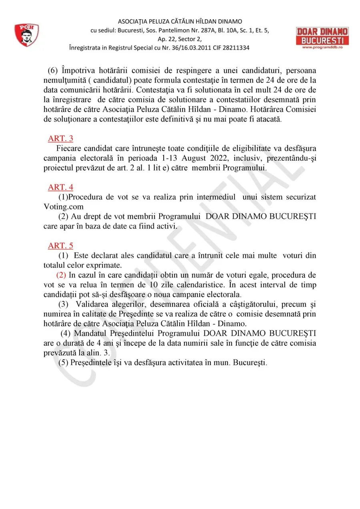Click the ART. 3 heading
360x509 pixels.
tap(60, 139)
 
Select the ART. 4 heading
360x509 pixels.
tap(60, 187)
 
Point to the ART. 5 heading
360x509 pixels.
tap(60, 246)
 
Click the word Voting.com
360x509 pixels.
tap(64, 207)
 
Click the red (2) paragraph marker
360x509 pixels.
tap(61, 275)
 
